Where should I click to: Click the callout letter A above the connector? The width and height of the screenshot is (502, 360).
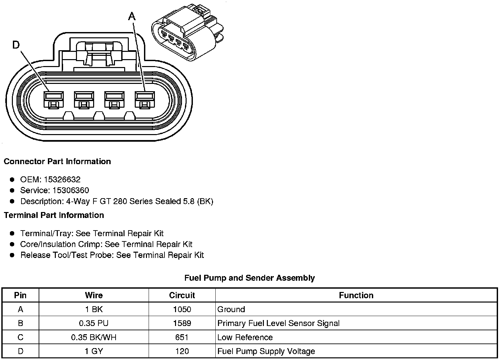coord(132,16)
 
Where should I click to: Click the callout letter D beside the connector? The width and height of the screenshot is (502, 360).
coord(16,45)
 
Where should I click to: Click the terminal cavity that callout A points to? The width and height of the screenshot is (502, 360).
coord(145,99)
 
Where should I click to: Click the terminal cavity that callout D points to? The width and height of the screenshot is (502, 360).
coord(54,99)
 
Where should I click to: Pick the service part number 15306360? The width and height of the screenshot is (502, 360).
coord(71,190)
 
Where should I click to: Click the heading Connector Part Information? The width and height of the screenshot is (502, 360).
coord(57,162)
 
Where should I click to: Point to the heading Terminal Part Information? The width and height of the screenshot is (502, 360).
coord(54,215)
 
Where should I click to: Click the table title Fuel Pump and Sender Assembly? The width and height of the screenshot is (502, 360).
coord(249,278)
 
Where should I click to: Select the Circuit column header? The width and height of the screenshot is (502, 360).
coord(182,295)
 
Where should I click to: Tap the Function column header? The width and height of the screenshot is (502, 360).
coord(356,295)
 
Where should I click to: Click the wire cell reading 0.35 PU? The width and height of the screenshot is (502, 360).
coord(94,323)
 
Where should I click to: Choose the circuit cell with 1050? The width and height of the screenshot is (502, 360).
coord(182,309)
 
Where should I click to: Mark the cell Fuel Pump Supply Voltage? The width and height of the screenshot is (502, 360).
coord(266,351)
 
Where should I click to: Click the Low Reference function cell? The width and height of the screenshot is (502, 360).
coord(245,337)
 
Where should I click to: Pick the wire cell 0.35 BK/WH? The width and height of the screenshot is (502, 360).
coord(94,337)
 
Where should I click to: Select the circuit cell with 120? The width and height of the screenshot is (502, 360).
coord(182,351)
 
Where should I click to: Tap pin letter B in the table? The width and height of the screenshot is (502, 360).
coord(20,323)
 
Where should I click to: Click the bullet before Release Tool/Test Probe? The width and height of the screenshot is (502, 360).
coord(12,255)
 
